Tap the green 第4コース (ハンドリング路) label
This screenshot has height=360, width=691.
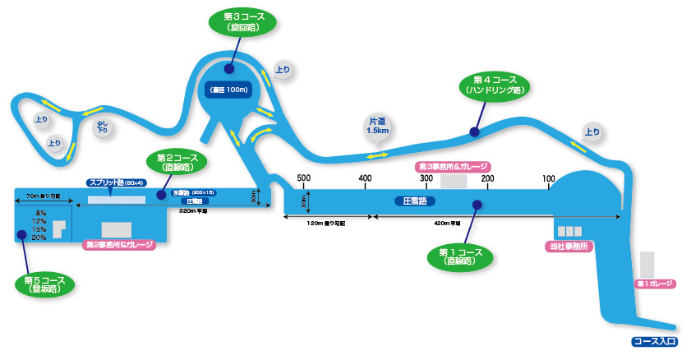[495, 85]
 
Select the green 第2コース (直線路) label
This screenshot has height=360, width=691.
[177, 160]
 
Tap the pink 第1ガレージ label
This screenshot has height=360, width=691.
[655, 284]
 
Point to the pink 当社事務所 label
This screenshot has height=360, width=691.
[569, 246]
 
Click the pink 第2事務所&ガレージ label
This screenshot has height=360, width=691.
[119, 245]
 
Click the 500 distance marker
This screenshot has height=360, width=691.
[303, 178]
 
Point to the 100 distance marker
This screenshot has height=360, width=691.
[548, 178]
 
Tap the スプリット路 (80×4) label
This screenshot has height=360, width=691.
[116, 182]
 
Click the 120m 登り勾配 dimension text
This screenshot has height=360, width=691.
[325, 223]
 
